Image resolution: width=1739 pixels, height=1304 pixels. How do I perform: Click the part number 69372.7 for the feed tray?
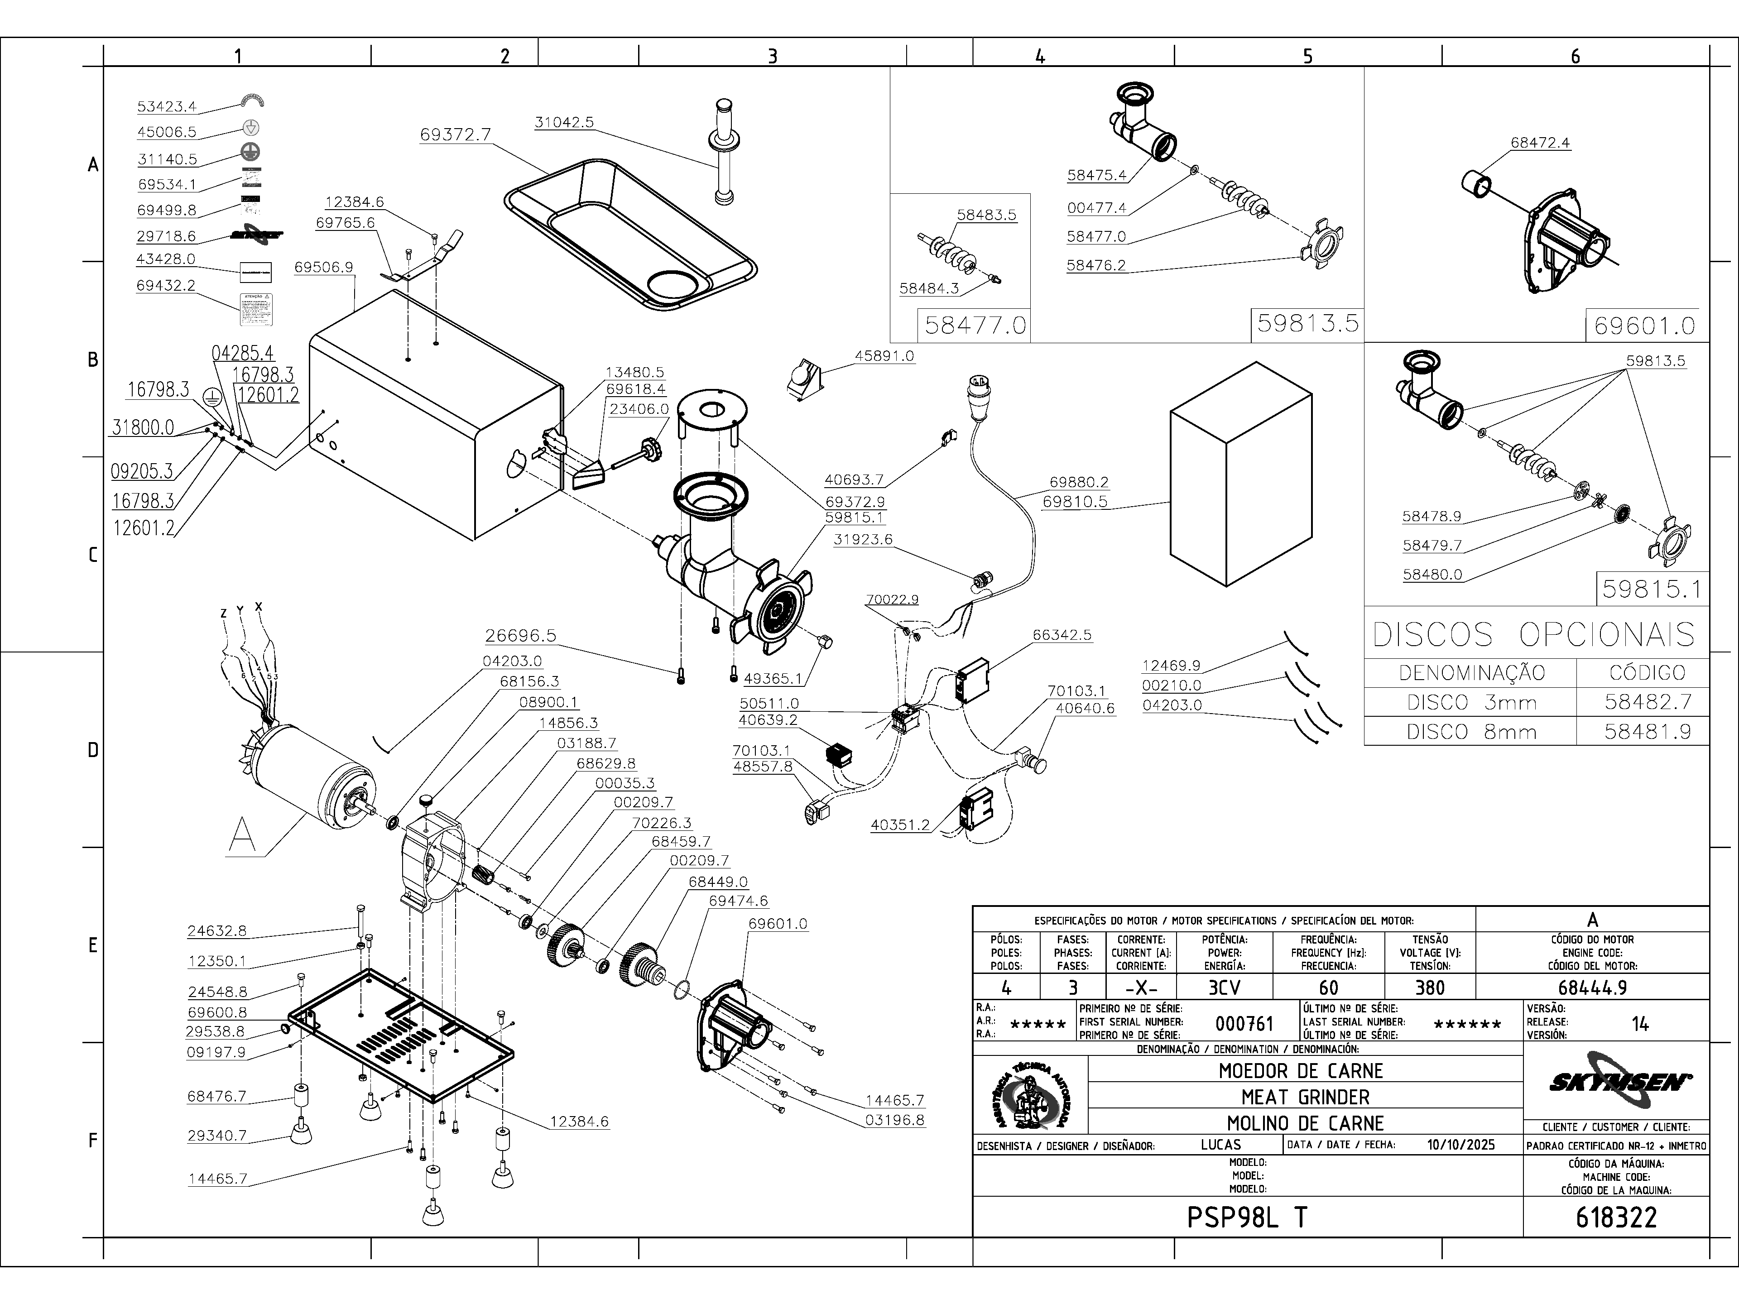tap(455, 134)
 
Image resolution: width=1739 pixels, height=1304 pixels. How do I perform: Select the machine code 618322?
tap(1616, 1218)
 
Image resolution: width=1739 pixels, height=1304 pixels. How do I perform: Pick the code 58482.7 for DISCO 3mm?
tap(1647, 702)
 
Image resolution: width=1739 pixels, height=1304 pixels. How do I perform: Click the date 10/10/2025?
tap(1460, 1145)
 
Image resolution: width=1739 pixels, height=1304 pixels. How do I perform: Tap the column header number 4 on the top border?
tap(1040, 56)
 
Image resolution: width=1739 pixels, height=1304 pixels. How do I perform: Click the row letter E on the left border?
tap(93, 945)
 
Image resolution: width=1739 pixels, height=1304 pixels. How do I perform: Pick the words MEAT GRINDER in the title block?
tap(1305, 1097)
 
